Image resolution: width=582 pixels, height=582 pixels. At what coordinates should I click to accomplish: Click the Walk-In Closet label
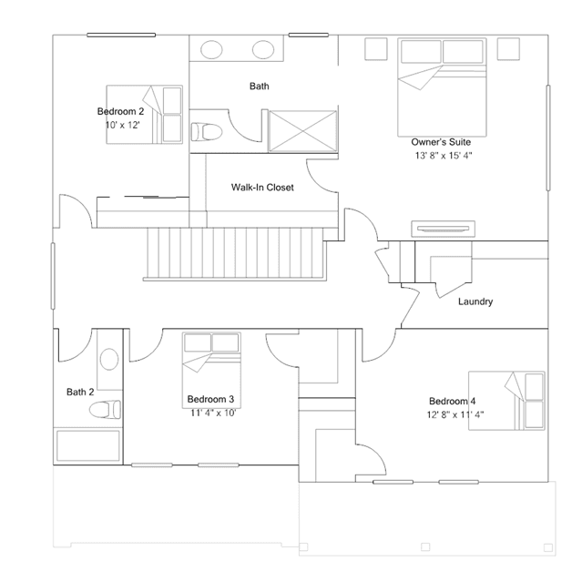click(262, 187)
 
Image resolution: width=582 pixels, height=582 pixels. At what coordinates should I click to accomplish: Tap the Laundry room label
click(475, 301)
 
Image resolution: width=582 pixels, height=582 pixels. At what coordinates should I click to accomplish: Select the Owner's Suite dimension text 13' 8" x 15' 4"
click(444, 156)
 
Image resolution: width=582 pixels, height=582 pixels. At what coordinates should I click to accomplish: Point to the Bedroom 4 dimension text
click(455, 414)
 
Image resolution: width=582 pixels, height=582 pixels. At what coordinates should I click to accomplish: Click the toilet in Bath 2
click(105, 410)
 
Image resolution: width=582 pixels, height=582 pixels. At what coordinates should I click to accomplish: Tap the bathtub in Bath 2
click(88, 445)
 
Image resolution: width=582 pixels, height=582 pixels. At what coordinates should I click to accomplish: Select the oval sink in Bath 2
click(109, 359)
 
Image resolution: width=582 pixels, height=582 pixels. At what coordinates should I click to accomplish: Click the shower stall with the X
click(302, 131)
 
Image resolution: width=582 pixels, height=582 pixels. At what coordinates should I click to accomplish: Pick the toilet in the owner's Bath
click(207, 132)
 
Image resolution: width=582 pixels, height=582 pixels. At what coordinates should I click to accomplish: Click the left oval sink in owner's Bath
click(211, 49)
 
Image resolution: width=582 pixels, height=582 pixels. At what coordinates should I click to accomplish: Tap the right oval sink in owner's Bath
click(263, 49)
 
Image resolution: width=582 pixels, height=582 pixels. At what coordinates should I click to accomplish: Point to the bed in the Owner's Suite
click(442, 87)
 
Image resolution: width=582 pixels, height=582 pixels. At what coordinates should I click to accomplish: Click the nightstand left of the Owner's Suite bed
click(376, 48)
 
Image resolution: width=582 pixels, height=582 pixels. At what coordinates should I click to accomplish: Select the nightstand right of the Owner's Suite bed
click(508, 48)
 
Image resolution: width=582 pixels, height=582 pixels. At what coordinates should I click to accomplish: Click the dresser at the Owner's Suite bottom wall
click(443, 229)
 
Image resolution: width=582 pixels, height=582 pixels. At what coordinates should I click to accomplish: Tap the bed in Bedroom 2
click(145, 115)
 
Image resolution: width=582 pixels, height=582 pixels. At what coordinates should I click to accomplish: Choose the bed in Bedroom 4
click(506, 401)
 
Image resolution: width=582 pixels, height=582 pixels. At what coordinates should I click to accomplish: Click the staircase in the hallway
click(235, 254)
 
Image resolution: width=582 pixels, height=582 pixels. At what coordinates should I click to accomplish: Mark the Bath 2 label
click(80, 392)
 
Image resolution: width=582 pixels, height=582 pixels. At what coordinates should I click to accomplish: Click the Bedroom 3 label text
click(210, 399)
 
